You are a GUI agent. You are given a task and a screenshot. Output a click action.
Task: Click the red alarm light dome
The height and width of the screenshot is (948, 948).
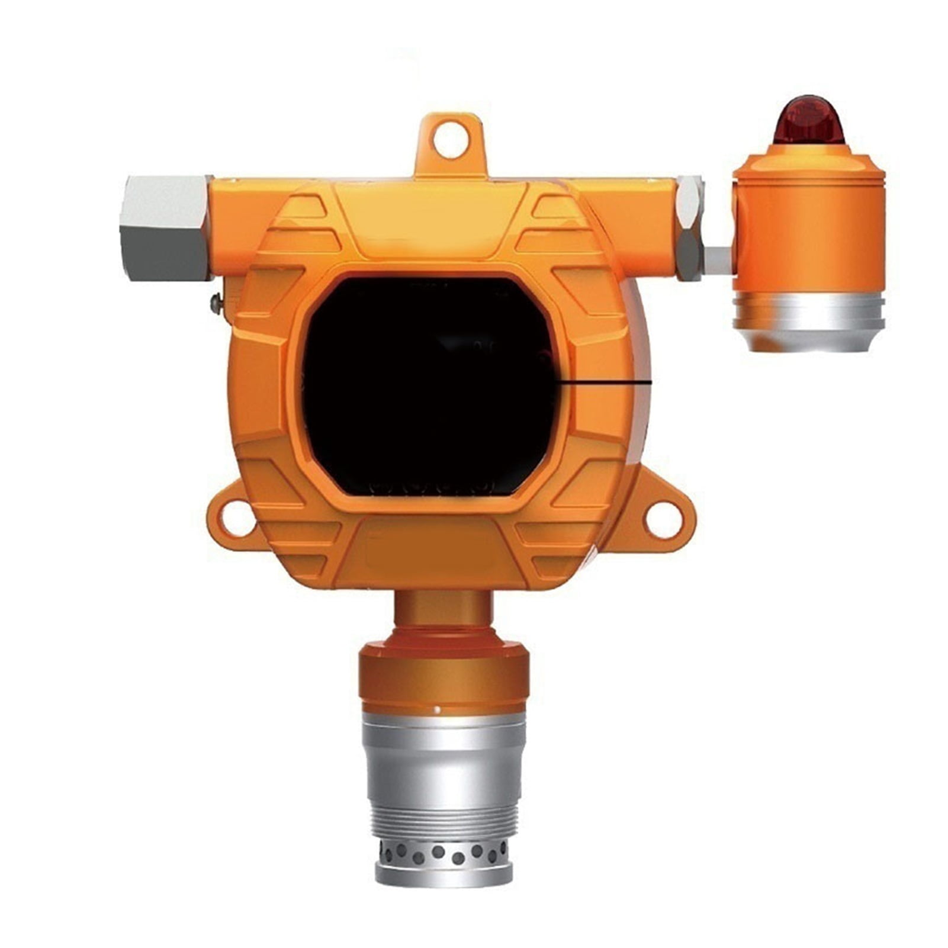click(808, 121)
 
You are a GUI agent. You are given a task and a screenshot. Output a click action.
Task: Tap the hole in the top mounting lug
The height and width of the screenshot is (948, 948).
click(450, 142)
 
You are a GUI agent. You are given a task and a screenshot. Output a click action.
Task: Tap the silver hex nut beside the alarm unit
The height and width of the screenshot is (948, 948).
click(689, 228)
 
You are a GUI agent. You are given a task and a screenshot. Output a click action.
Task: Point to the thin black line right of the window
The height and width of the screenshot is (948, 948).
click(604, 383)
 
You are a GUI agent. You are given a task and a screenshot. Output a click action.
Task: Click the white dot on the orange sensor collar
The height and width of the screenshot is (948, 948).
click(437, 709)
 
